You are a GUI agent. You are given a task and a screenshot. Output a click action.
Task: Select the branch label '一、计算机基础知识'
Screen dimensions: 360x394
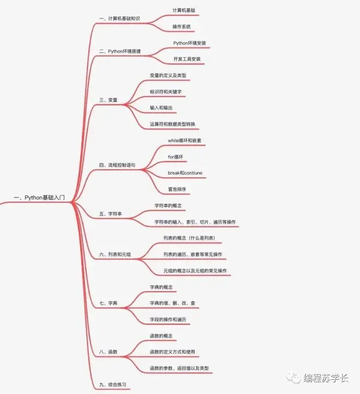tap(119, 19)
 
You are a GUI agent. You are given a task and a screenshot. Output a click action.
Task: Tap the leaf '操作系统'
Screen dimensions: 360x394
tap(182, 27)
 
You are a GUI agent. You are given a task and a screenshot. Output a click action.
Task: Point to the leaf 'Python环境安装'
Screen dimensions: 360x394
tap(190, 43)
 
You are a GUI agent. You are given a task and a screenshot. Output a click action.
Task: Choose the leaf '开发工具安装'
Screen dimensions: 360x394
tap(187, 59)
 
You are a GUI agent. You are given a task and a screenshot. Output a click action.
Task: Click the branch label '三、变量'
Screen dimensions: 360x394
tap(109, 100)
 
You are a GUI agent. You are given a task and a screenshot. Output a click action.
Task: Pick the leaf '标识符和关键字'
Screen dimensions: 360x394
tap(166, 92)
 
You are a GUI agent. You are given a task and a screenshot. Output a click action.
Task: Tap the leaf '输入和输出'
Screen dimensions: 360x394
tap(161, 108)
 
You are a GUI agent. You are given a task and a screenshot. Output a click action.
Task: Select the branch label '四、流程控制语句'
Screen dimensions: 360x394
tap(117, 165)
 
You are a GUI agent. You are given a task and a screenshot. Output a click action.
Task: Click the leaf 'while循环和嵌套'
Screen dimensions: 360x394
tap(185, 140)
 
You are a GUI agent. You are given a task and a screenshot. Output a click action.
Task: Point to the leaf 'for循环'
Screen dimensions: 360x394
tap(176, 157)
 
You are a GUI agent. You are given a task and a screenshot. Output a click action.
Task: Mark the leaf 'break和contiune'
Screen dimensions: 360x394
tap(185, 173)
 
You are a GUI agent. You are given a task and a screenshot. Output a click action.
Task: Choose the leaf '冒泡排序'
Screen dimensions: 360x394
tap(177, 189)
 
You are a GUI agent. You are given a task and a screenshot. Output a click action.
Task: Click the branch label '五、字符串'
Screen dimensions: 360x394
tap(111, 214)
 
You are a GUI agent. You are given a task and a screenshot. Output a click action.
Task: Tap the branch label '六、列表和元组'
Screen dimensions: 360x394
tap(115, 254)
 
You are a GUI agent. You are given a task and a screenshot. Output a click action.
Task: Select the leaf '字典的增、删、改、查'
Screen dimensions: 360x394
tap(172, 303)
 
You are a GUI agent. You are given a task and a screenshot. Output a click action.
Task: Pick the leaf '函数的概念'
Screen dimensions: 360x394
tap(161, 336)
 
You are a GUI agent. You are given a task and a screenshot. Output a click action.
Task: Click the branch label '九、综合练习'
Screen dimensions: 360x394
tap(113, 385)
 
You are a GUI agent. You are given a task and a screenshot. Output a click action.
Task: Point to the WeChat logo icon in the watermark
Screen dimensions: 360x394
tap(293, 378)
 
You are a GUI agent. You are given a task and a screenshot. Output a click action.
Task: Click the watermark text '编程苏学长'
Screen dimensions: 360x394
tap(326, 378)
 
